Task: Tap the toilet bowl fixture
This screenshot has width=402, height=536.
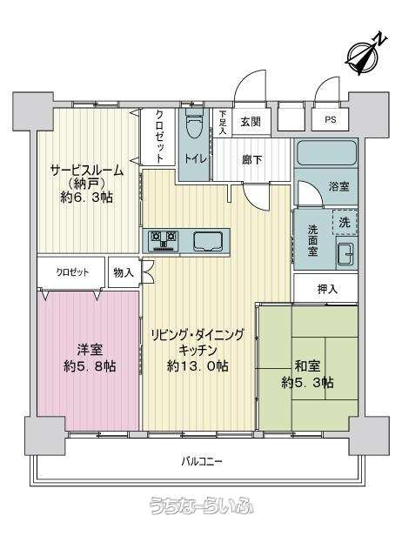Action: [x=195, y=124]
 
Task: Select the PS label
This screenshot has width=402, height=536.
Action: [x=331, y=120]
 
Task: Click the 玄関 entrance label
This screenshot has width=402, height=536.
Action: [x=251, y=122]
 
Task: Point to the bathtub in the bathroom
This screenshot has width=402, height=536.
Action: [x=326, y=153]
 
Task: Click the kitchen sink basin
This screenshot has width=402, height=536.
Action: [x=208, y=241]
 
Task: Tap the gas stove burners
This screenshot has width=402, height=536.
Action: [x=164, y=239]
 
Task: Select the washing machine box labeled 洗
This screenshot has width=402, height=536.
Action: [x=345, y=222]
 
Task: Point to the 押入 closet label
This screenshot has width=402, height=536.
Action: [x=327, y=290]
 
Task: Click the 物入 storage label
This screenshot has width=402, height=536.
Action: [x=124, y=273]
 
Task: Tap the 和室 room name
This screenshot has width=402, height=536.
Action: [x=307, y=366]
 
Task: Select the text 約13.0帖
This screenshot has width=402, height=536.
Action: [x=198, y=366]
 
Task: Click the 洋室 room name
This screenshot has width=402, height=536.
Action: [x=90, y=350]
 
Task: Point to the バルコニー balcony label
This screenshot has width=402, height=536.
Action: [x=202, y=462]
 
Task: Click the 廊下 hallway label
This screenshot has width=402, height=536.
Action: [x=252, y=159]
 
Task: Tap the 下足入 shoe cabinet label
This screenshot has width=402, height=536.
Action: [x=223, y=122]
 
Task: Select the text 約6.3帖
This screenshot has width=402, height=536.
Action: [x=86, y=198]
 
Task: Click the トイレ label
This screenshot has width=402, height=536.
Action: [x=195, y=158]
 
